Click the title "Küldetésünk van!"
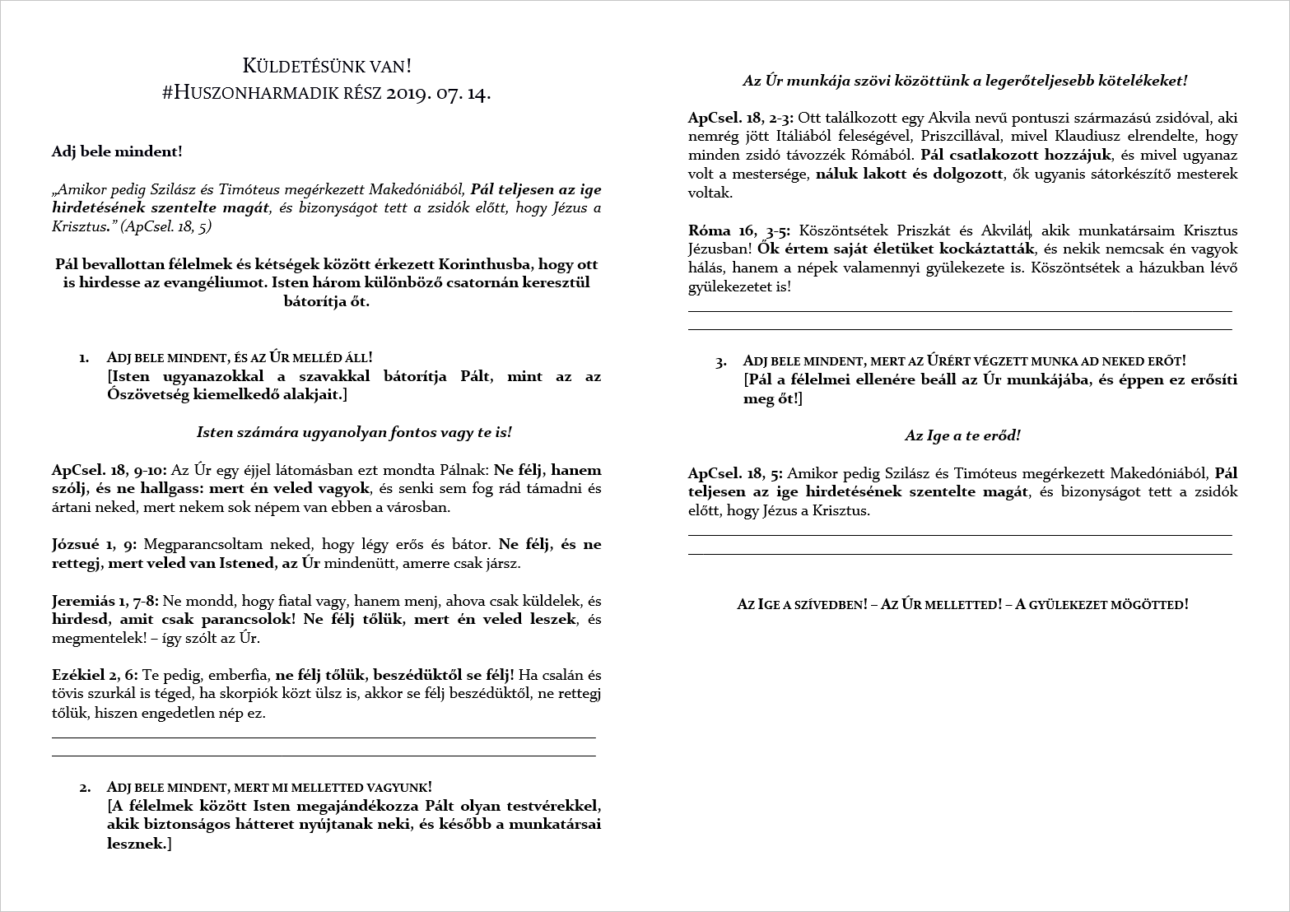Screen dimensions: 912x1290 326,66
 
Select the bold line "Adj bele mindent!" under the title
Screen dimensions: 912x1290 117,151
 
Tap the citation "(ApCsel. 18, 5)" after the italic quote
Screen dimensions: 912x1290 165,226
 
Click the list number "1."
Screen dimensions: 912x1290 84,358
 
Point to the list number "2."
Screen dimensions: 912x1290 85,788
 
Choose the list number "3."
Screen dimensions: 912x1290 721,361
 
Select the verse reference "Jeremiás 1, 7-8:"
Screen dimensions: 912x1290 105,601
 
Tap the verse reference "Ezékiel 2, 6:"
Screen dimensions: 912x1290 95,675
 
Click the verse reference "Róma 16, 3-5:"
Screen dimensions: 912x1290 739,230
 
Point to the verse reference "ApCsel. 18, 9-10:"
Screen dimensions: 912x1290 109,471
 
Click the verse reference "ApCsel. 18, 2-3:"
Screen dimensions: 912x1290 740,118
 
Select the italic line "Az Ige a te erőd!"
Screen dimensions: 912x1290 962,435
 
